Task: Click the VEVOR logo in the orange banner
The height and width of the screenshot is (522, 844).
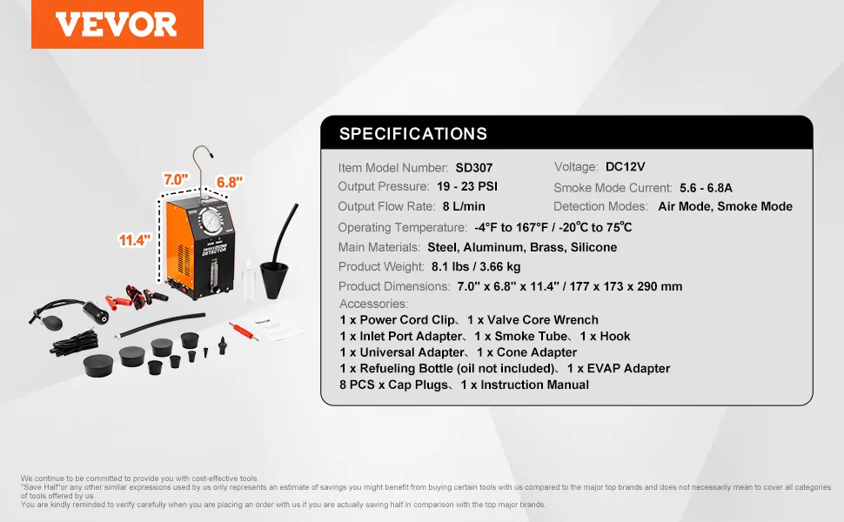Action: (x=117, y=24)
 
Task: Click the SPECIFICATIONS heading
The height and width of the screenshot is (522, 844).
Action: (x=412, y=133)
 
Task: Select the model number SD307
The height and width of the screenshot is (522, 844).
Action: (x=473, y=168)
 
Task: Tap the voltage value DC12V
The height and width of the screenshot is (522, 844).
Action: (x=625, y=167)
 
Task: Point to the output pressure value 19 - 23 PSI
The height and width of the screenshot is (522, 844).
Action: (x=467, y=187)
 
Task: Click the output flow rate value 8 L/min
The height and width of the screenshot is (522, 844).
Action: (x=464, y=207)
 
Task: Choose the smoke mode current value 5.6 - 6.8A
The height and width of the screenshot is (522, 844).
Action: (x=706, y=188)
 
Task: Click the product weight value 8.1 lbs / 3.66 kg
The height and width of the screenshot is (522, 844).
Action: (x=476, y=267)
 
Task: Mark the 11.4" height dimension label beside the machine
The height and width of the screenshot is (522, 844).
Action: (x=135, y=240)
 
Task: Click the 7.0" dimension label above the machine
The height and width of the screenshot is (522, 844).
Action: (x=176, y=179)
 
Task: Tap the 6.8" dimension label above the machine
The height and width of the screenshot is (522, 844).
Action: (x=230, y=183)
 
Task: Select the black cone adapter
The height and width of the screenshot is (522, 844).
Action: (x=274, y=278)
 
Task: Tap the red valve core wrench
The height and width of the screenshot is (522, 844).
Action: (x=244, y=331)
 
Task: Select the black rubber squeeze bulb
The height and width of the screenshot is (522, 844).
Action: (x=52, y=323)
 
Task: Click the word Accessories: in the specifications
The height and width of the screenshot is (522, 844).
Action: (x=373, y=304)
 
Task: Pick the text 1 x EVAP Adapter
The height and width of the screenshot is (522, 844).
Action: (x=619, y=369)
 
